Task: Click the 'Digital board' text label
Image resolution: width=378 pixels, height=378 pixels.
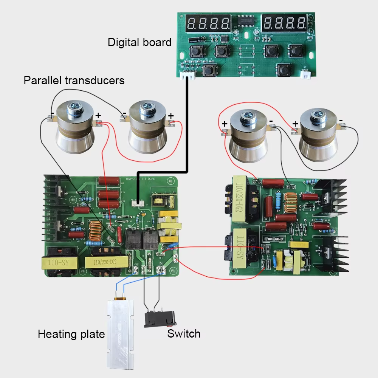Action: coord(139,42)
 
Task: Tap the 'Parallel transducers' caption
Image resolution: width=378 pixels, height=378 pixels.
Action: coord(74,80)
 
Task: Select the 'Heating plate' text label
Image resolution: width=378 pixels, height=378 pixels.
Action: coord(71,334)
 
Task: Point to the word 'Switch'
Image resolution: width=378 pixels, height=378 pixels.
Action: coord(184,333)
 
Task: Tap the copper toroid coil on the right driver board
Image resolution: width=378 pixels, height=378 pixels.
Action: coord(291,203)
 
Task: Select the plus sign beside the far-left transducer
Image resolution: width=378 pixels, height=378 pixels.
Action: coord(98,115)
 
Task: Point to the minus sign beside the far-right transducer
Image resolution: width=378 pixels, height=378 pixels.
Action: coord(341,120)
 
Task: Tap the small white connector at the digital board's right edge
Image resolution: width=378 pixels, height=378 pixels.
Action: coord(305,74)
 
